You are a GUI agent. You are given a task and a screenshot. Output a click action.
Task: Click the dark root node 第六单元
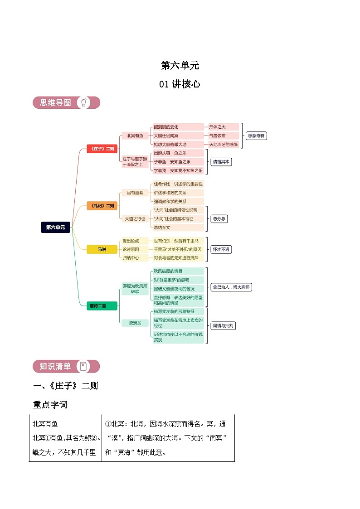pyautogui.click(x=55, y=227)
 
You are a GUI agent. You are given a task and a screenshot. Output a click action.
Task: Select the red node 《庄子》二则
pyautogui.click(x=102, y=149)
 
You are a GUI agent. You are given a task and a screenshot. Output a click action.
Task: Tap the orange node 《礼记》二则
pyautogui.click(x=102, y=206)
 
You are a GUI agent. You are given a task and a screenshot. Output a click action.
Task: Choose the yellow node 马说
pyautogui.click(x=102, y=249)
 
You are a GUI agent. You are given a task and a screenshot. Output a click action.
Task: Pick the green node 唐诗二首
pyautogui.click(x=102, y=306)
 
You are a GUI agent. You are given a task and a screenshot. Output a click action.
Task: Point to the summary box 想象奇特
pyautogui.click(x=256, y=136)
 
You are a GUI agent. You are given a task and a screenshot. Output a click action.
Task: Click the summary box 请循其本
pyautogui.click(x=221, y=162)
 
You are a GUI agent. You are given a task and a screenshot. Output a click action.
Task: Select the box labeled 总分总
pyautogui.click(x=219, y=218)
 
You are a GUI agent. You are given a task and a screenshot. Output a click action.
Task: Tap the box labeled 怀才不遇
pyautogui.click(x=221, y=249)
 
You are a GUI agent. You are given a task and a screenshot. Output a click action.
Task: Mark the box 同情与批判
pyautogui.click(x=224, y=325)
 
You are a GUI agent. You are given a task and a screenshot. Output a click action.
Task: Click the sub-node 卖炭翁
pyautogui.click(x=135, y=323)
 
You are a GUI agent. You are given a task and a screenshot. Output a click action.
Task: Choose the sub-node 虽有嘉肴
pyautogui.click(x=135, y=193)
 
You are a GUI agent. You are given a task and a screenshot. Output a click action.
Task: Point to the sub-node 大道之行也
pyautogui.click(x=135, y=218)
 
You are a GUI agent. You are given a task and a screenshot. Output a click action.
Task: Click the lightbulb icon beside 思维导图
pyautogui.click(x=83, y=103)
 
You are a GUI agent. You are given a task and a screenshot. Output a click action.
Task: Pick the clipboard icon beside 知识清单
pyautogui.click(x=83, y=367)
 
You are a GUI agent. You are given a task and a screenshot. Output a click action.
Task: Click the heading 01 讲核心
pyautogui.click(x=180, y=84)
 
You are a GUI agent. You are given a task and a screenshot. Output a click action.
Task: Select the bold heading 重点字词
pyautogui.click(x=50, y=404)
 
